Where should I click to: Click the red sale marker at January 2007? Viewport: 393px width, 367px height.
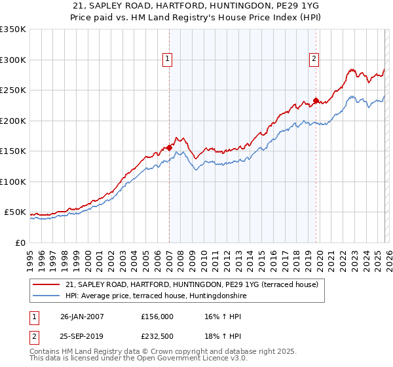[x=169, y=147]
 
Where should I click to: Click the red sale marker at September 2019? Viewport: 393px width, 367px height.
[x=316, y=100]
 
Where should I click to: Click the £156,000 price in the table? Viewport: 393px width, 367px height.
[x=157, y=316]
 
